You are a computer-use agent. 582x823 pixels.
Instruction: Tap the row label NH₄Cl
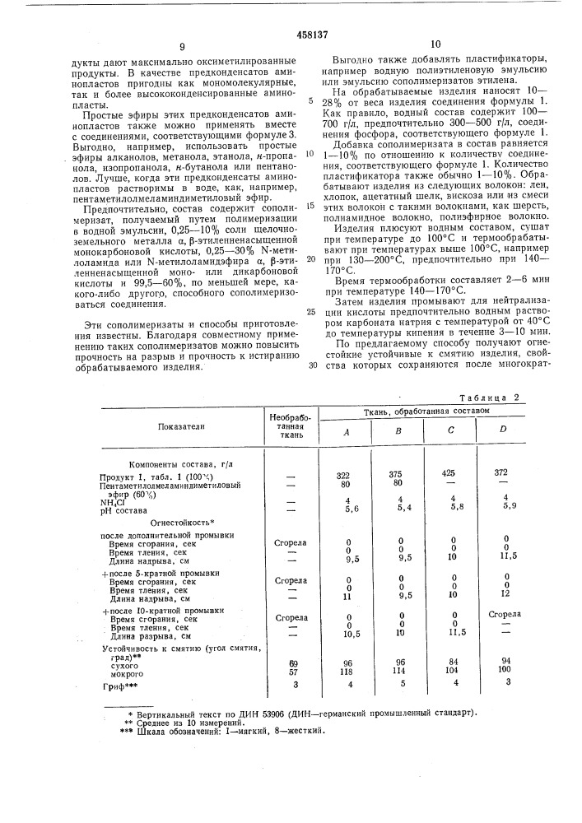tap(112, 501)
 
